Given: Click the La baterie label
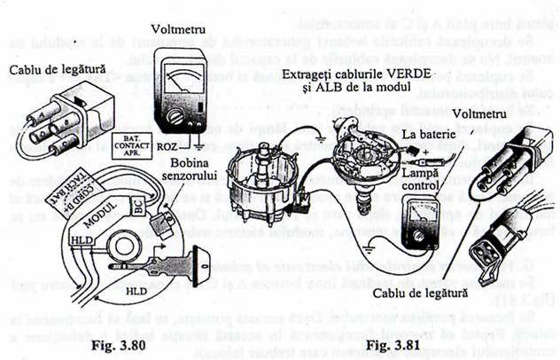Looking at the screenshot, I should point(423,135).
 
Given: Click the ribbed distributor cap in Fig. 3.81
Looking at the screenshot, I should point(258,205).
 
